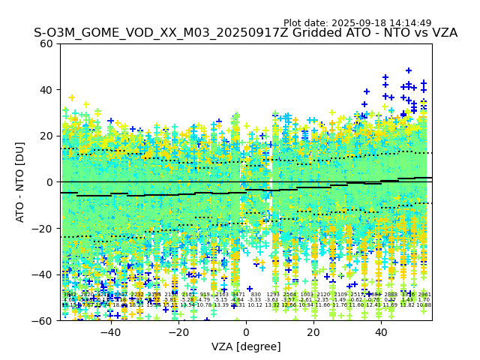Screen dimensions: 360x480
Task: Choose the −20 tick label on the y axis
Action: [x=44, y=228]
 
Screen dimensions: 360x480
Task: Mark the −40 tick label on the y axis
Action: [x=44, y=274]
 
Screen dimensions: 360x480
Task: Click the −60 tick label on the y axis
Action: [x=44, y=320]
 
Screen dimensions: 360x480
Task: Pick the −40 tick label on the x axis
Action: [x=110, y=332]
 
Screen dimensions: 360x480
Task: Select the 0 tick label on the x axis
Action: [x=246, y=332]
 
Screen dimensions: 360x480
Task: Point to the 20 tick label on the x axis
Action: [x=313, y=332]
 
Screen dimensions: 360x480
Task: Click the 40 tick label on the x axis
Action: [x=381, y=332]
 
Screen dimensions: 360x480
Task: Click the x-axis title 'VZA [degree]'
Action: [x=246, y=346]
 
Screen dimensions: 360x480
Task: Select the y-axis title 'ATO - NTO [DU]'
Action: [x=21, y=181]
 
